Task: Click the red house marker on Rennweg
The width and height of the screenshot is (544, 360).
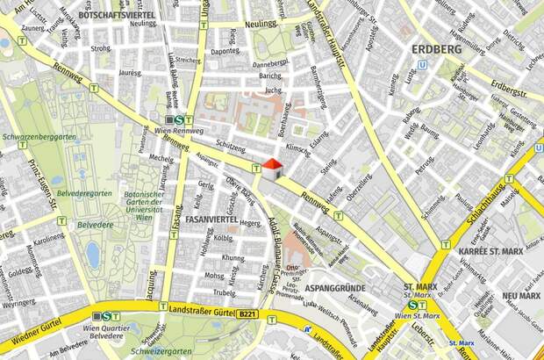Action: pyautogui.click(x=273, y=168)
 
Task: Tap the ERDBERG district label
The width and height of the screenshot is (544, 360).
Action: pyautogui.click(x=436, y=49)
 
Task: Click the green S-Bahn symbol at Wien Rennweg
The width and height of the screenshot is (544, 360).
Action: pyautogui.click(x=179, y=120)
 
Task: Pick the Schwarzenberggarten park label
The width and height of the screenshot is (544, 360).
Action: pyautogui.click(x=39, y=139)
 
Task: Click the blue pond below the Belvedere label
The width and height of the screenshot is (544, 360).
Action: pyautogui.click(x=93, y=255)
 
